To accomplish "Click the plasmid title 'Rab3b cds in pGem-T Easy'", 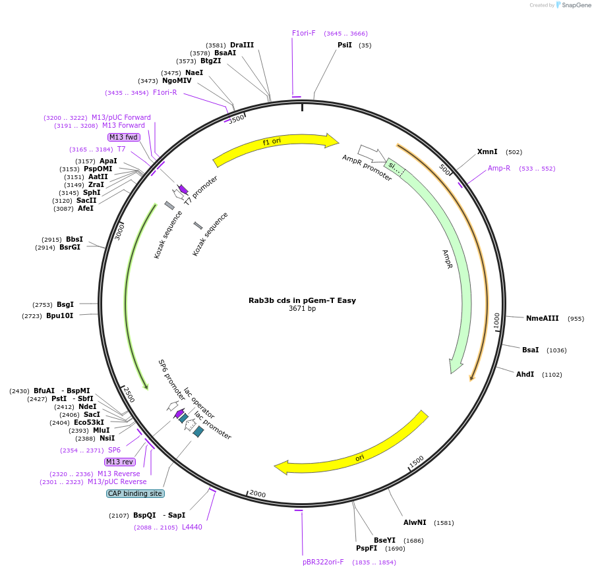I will tap(302, 300).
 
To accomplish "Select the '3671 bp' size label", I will tap(302, 309).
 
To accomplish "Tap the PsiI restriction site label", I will tap(345, 45).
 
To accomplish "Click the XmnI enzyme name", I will tap(487, 152).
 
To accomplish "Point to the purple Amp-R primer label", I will tap(499, 169).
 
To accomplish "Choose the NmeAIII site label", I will tap(542, 319).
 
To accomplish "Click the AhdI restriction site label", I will tap(525, 375).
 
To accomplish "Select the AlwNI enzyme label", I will tap(415, 523).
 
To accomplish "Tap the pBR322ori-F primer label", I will tap(323, 562).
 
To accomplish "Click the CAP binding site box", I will tap(135, 493).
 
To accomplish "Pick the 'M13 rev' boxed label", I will tap(119, 462).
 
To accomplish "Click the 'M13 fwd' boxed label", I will tap(124, 137).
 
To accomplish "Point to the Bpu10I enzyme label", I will tap(59, 316).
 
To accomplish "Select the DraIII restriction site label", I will tap(242, 45).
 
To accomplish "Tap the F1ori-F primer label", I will tap(304, 33).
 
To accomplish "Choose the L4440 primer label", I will tap(192, 527).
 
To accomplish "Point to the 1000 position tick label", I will tap(496, 320).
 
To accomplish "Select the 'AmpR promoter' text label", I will tap(367, 168).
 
